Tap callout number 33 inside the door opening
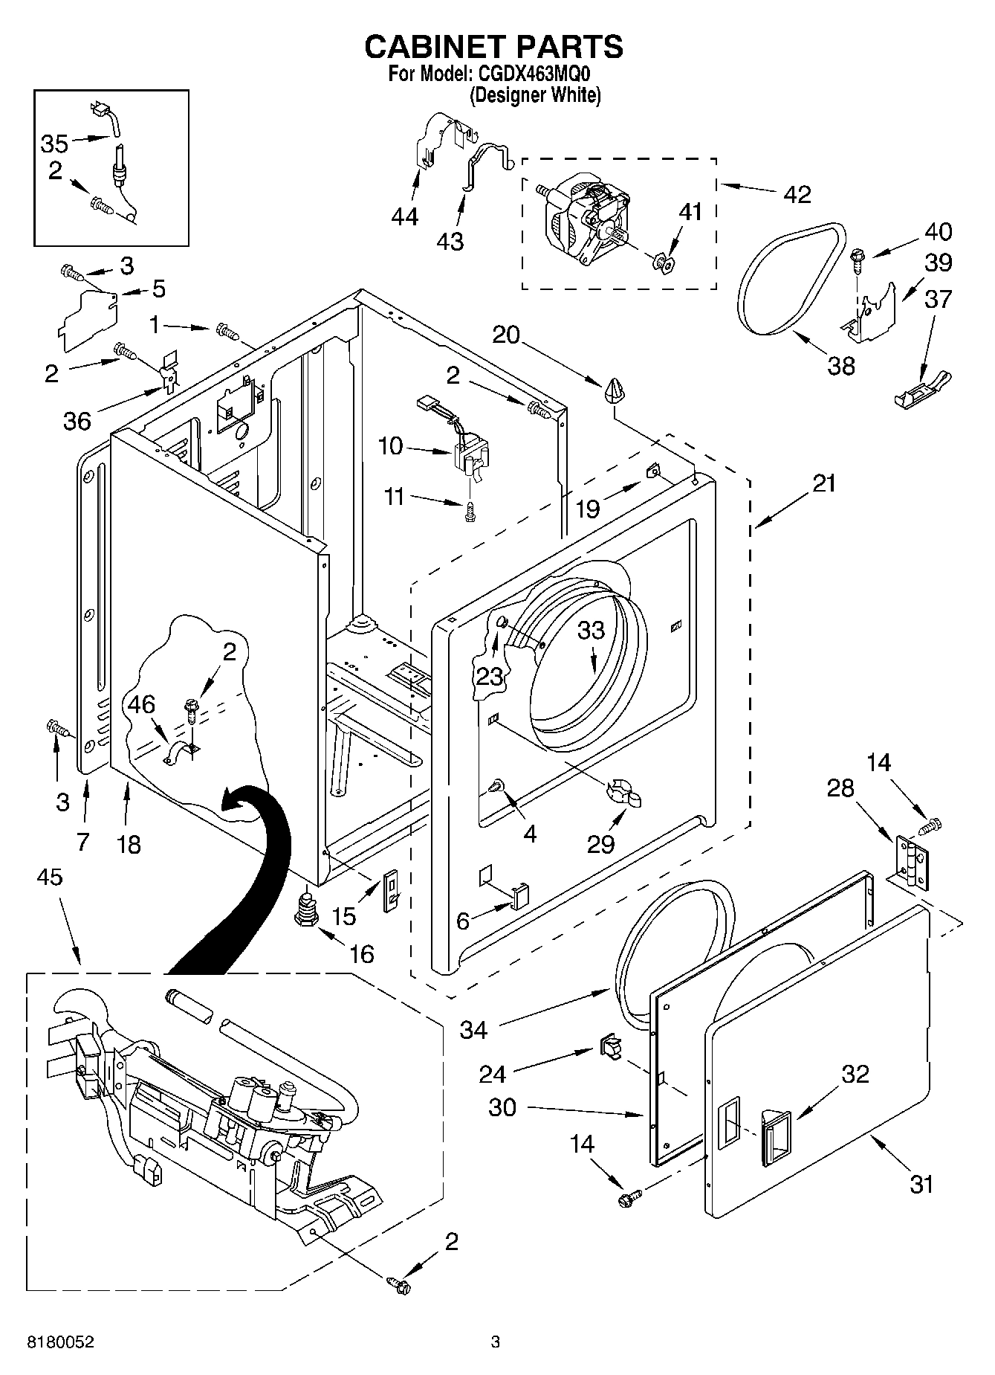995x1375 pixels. (x=592, y=630)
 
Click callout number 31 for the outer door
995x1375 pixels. (x=921, y=1183)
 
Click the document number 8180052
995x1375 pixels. (x=61, y=1342)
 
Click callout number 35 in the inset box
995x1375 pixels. (x=54, y=144)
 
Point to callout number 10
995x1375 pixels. (x=390, y=446)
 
